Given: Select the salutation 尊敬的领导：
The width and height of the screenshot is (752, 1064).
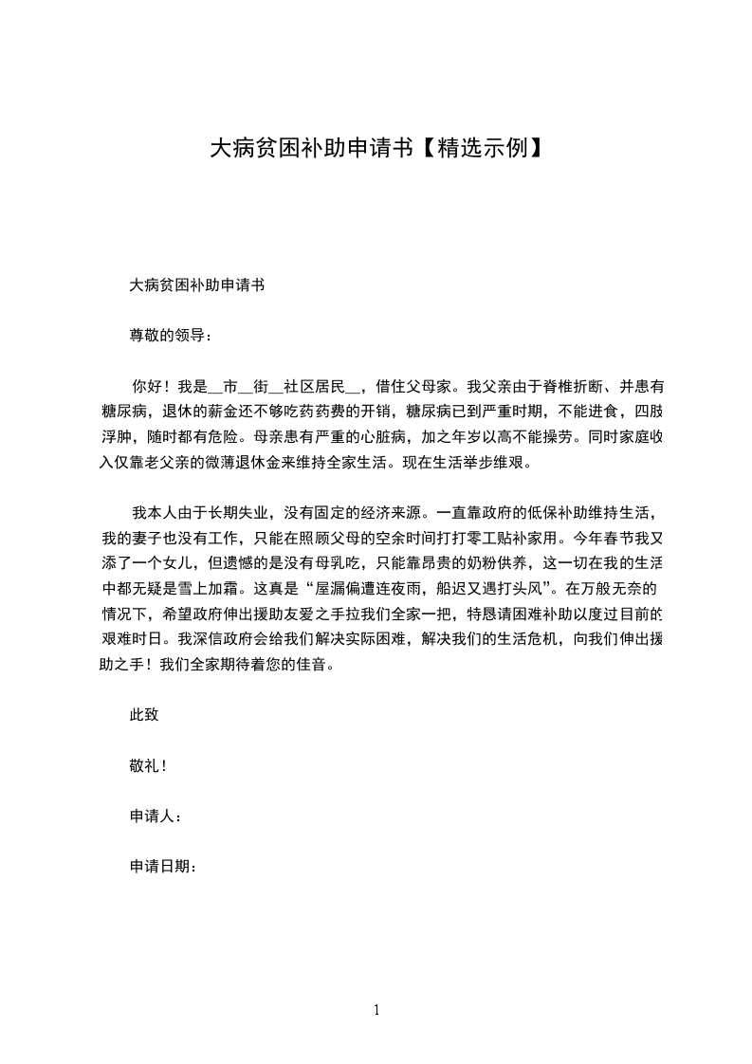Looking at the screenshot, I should coord(171,335).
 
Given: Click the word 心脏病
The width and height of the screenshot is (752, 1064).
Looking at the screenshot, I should coord(383,439).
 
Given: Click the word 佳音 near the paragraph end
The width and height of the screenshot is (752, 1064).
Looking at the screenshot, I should coord(314,667).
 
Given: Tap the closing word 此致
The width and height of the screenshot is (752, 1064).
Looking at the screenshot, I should coord(143,715).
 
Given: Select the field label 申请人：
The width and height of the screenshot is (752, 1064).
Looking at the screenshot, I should coord(155,816).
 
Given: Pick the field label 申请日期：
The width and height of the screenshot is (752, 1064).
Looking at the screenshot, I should coord(162,866).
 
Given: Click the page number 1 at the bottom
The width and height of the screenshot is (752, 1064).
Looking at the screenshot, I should coord(376,1010).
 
